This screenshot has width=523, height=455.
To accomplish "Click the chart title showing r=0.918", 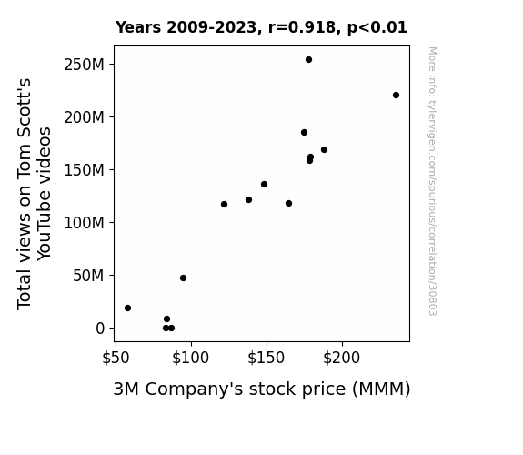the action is click(x=261, y=27).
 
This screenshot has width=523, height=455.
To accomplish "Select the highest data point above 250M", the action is click(x=309, y=60).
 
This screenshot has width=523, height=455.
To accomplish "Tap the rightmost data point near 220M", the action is click(x=396, y=96).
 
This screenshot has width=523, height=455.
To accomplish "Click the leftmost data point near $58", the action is click(x=127, y=308).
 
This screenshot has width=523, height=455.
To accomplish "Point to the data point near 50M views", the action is click(x=183, y=278).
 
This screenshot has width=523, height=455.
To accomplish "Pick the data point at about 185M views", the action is click(x=304, y=133).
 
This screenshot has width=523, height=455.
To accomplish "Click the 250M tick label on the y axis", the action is click(x=84, y=65).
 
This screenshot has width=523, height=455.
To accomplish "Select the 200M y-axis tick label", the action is click(x=84, y=117).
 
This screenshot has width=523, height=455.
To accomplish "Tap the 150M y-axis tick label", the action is click(x=84, y=170).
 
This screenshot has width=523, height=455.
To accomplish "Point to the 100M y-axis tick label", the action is click(x=84, y=223).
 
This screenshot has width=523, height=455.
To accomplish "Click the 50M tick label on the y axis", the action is click(x=88, y=276).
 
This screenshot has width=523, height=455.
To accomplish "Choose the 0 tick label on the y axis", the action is click(x=100, y=329).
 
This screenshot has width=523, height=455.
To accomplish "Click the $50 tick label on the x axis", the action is click(x=116, y=358).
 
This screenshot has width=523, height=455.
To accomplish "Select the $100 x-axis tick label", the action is click(x=190, y=358).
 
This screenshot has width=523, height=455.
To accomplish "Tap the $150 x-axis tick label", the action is click(x=267, y=358).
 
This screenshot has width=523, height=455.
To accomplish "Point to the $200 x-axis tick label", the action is click(x=342, y=358).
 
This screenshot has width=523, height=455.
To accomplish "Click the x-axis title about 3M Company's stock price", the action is click(x=262, y=389).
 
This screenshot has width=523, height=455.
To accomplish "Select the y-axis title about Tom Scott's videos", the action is click(x=34, y=194).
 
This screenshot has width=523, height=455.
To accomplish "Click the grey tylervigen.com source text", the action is click(x=432, y=181).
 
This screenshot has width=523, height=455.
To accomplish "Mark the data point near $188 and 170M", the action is click(x=324, y=150).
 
